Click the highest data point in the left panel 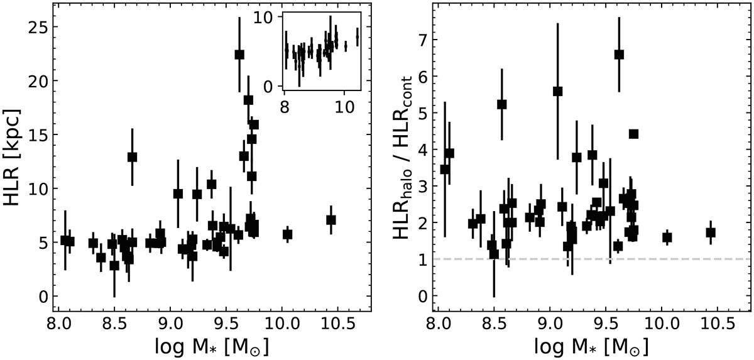tap(239, 55)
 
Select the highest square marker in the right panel tap(619, 55)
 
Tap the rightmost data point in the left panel tap(331, 220)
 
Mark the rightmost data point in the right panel tap(711, 232)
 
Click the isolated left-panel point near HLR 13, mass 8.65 tap(132, 156)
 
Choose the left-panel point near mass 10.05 tap(288, 234)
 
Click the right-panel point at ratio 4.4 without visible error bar tap(633, 134)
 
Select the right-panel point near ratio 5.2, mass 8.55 tap(501, 104)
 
